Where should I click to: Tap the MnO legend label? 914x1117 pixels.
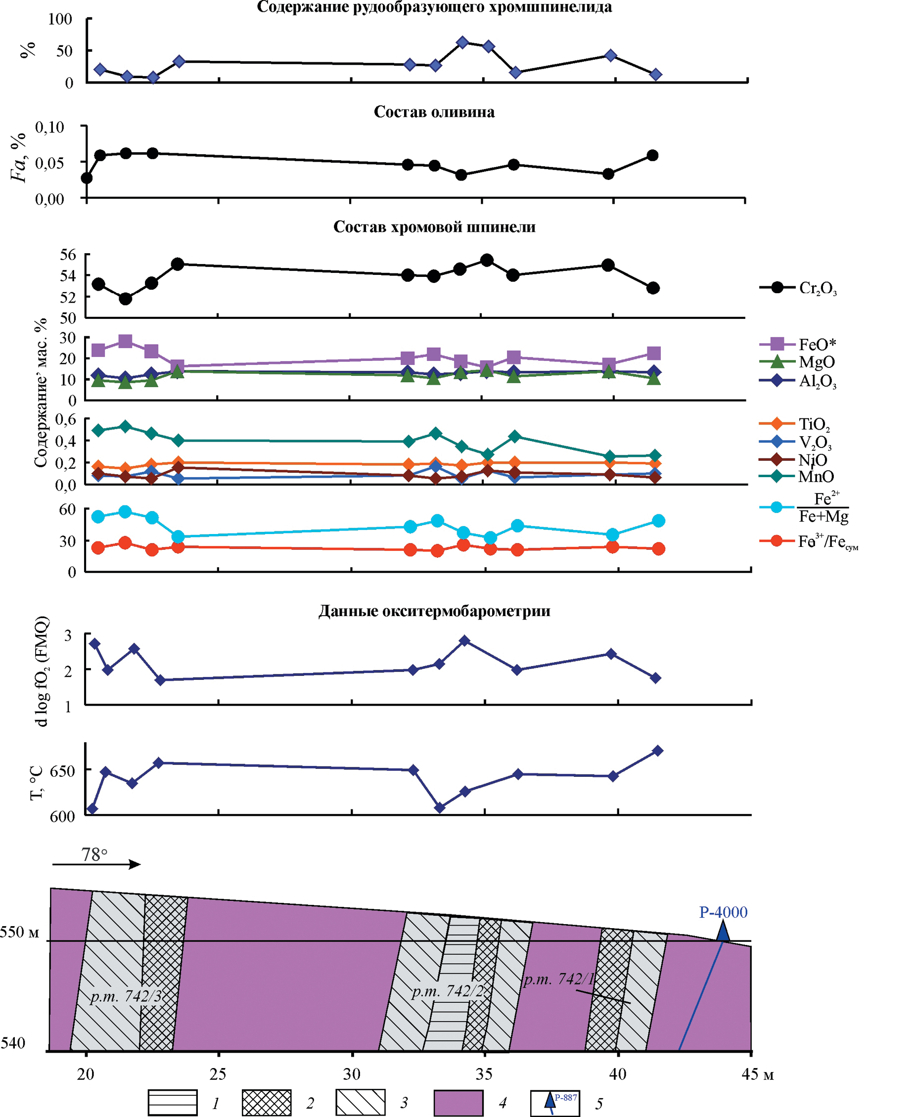pyautogui.click(x=816, y=476)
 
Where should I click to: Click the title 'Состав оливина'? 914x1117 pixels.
pyautogui.click(x=434, y=112)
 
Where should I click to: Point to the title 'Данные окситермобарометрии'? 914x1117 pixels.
pyautogui.click(x=434, y=611)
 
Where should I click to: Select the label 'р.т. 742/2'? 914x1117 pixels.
pyautogui.click(x=448, y=991)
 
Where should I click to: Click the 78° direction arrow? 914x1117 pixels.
pyautogui.click(x=96, y=864)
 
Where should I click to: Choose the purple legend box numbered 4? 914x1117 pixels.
pyautogui.click(x=458, y=1103)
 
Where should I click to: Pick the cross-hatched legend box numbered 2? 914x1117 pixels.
pyautogui.click(x=267, y=1103)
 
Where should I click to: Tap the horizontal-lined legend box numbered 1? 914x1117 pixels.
pyautogui.click(x=173, y=1103)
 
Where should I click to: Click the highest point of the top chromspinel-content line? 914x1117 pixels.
pyautogui.click(x=462, y=43)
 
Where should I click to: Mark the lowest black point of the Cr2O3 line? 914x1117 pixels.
pyautogui.click(x=125, y=299)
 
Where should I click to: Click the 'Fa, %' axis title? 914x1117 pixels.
pyautogui.click(x=19, y=157)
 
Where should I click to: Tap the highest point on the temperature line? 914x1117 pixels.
pyautogui.click(x=658, y=751)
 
